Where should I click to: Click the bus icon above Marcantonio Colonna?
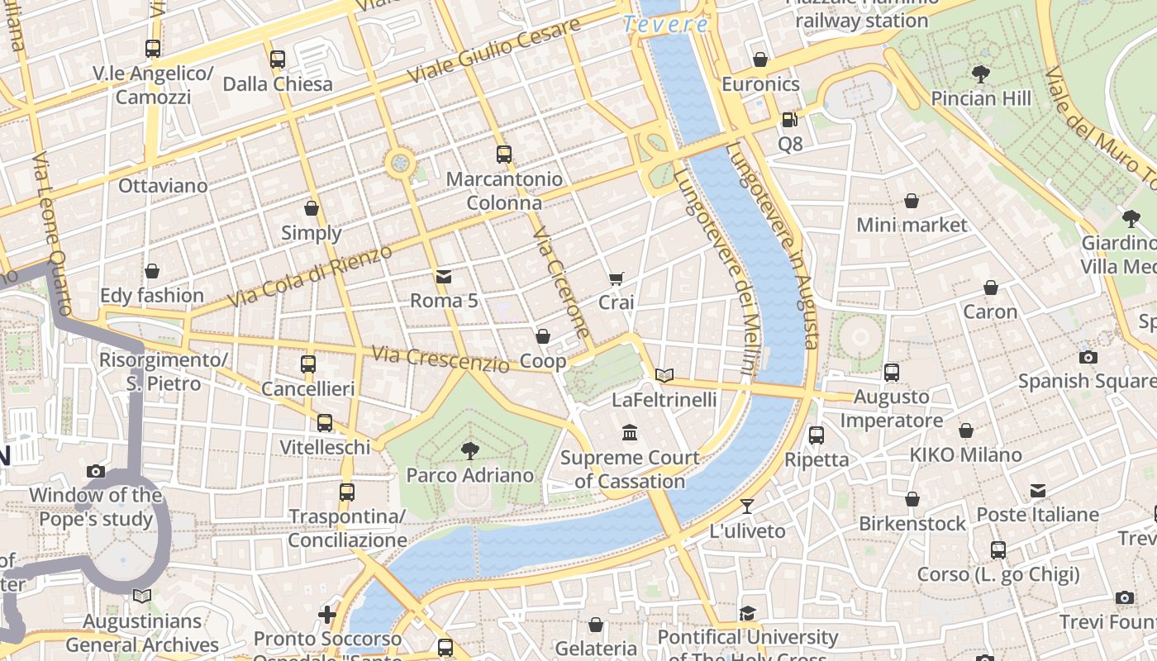pyautogui.click(x=503, y=154)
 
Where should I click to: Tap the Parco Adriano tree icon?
pyautogui.click(x=470, y=450)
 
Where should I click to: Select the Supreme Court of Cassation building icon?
pyautogui.click(x=630, y=432)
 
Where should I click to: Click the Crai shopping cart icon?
pyautogui.click(x=616, y=278)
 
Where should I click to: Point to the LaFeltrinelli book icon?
pyautogui.click(x=664, y=375)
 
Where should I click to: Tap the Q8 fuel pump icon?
pyautogui.click(x=790, y=120)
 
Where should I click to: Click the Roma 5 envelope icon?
pyautogui.click(x=444, y=276)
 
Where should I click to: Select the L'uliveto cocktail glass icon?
pyautogui.click(x=747, y=506)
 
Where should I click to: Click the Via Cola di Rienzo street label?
pyautogui.click(x=309, y=277)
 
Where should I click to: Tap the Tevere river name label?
pyautogui.click(x=666, y=25)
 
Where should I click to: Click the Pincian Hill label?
pyautogui.click(x=981, y=98)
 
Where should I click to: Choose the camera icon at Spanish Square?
pyautogui.click(x=1088, y=357)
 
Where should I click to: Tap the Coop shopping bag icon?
pyautogui.click(x=543, y=336)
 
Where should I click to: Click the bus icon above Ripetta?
pyautogui.click(x=817, y=435)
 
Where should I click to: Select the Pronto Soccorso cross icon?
pyautogui.click(x=327, y=614)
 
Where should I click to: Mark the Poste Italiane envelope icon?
pyautogui.click(x=1038, y=491)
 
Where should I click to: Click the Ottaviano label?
pyautogui.click(x=163, y=185)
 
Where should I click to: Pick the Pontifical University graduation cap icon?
pyautogui.click(x=747, y=612)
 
